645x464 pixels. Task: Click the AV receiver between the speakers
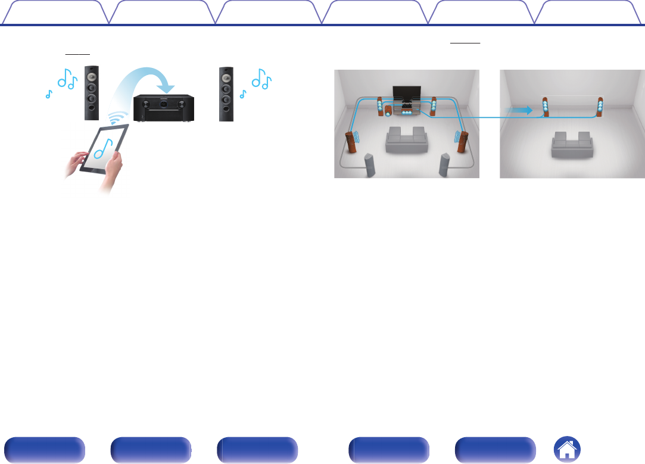[164, 108]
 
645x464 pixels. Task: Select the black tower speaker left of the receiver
[92, 92]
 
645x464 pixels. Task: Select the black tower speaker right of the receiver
[226, 94]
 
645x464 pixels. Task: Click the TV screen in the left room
[406, 92]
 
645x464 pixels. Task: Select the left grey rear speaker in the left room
[369, 165]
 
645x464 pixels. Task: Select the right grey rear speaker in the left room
[444, 165]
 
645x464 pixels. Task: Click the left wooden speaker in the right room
[544, 107]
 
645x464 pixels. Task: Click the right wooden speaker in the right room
[600, 107]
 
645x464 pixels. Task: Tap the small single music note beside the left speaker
[48, 94]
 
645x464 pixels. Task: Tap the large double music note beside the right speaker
[261, 79]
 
